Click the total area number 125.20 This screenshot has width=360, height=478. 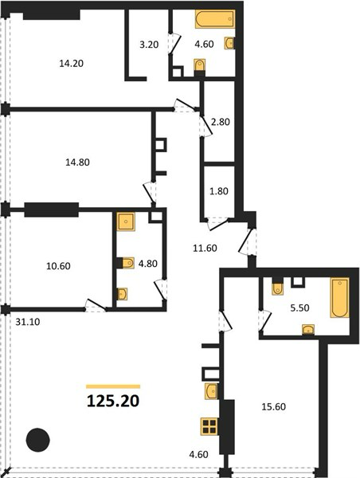(x=113, y=401)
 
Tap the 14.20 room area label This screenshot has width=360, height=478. (x=72, y=64)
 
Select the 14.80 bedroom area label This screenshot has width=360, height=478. (x=77, y=163)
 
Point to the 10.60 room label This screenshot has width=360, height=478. (x=58, y=266)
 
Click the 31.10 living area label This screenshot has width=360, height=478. (x=28, y=322)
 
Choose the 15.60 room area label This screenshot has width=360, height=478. (x=274, y=406)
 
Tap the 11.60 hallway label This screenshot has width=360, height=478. (x=205, y=248)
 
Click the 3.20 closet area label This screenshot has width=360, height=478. (x=149, y=45)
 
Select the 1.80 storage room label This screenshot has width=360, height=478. (x=219, y=191)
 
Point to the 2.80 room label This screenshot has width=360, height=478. (x=221, y=122)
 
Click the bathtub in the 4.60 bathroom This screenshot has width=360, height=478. (x=215, y=19)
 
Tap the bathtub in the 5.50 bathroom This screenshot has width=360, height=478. (x=339, y=297)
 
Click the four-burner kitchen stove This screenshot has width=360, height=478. (x=209, y=426)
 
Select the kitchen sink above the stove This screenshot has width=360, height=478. (x=211, y=391)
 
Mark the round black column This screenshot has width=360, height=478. (x=37, y=440)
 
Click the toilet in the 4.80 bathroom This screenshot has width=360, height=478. (x=127, y=263)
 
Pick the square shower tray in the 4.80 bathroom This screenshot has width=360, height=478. (x=126, y=221)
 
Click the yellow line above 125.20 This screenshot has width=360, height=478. (x=113, y=386)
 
